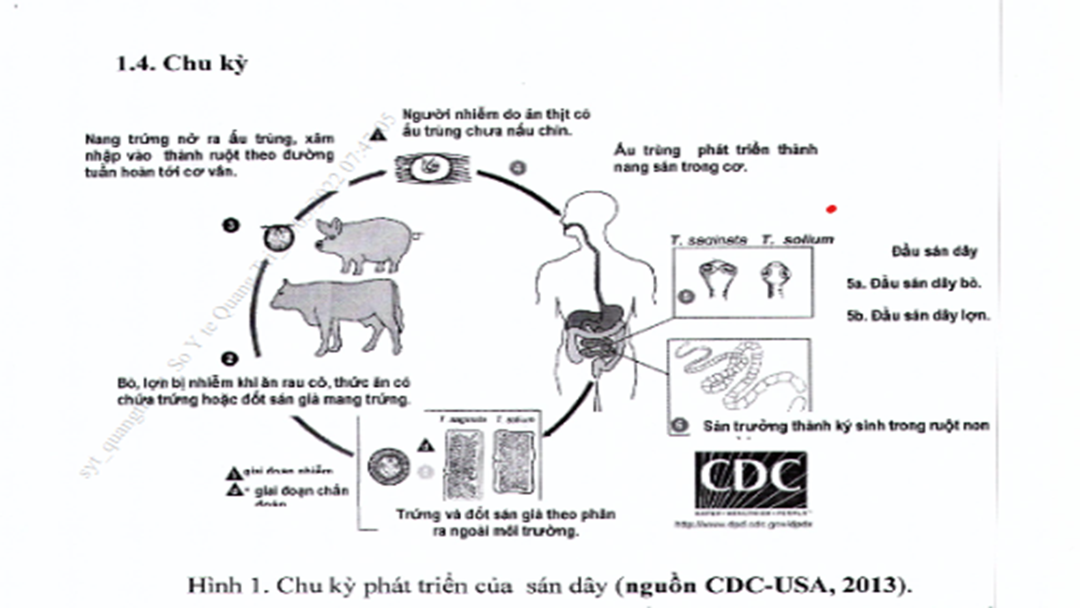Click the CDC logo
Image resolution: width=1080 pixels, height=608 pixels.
pyautogui.click(x=751, y=480)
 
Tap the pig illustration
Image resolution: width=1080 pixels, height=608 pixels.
pyautogui.click(x=365, y=243)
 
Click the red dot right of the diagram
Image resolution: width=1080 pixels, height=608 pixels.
pyautogui.click(x=831, y=209)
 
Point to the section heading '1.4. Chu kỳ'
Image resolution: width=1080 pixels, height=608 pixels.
pyautogui.click(x=182, y=63)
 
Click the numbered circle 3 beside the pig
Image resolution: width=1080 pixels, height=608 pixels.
pyautogui.click(x=231, y=225)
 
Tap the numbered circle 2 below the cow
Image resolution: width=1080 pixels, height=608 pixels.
pyautogui.click(x=230, y=359)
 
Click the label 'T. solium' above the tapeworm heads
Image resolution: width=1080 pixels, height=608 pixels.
pyautogui.click(x=798, y=239)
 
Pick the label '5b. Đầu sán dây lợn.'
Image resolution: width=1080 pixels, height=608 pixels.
pyautogui.click(x=918, y=315)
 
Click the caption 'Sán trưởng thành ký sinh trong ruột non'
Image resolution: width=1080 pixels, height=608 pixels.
pyautogui.click(x=846, y=426)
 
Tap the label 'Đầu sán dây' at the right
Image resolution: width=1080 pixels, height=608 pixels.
pyautogui.click(x=934, y=251)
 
